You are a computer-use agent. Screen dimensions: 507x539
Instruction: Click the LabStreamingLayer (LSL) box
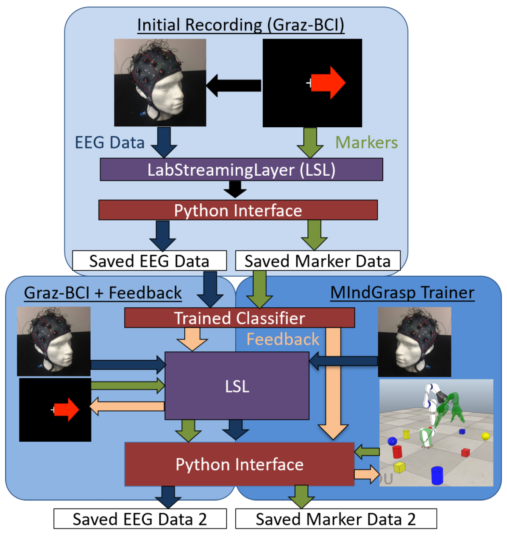click(x=241, y=169)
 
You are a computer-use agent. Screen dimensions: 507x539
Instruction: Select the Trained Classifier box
click(x=240, y=317)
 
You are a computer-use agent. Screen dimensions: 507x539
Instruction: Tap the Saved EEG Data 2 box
click(x=140, y=519)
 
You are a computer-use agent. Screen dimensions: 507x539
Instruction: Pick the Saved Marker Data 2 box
click(x=336, y=519)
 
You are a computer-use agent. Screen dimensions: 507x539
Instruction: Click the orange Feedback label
click(x=283, y=339)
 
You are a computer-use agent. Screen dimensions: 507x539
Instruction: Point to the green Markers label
click(x=367, y=143)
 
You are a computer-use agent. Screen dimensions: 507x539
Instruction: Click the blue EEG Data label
click(x=109, y=143)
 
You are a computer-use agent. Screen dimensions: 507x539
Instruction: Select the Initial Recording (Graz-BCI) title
click(x=241, y=25)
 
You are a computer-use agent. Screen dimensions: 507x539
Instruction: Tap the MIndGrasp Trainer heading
click(x=402, y=293)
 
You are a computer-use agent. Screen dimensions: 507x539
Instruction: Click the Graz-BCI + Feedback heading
click(x=103, y=293)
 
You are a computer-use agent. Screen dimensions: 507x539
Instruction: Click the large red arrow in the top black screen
click(x=328, y=83)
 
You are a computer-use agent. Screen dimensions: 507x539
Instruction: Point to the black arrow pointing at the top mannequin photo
click(x=234, y=85)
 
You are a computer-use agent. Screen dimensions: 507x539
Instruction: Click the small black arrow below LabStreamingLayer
click(x=235, y=189)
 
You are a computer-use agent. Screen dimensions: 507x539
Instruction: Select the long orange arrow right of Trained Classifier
click(x=333, y=384)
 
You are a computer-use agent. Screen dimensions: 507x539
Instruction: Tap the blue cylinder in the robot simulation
click(x=437, y=475)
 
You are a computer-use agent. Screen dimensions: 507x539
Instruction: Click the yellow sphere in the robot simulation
click(x=485, y=436)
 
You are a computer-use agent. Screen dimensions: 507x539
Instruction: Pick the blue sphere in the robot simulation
click(x=392, y=441)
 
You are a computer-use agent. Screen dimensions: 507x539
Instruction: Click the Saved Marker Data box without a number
click(x=318, y=261)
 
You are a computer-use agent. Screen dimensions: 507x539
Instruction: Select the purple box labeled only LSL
click(x=237, y=386)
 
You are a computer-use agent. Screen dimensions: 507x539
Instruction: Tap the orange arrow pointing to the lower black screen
click(x=127, y=406)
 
